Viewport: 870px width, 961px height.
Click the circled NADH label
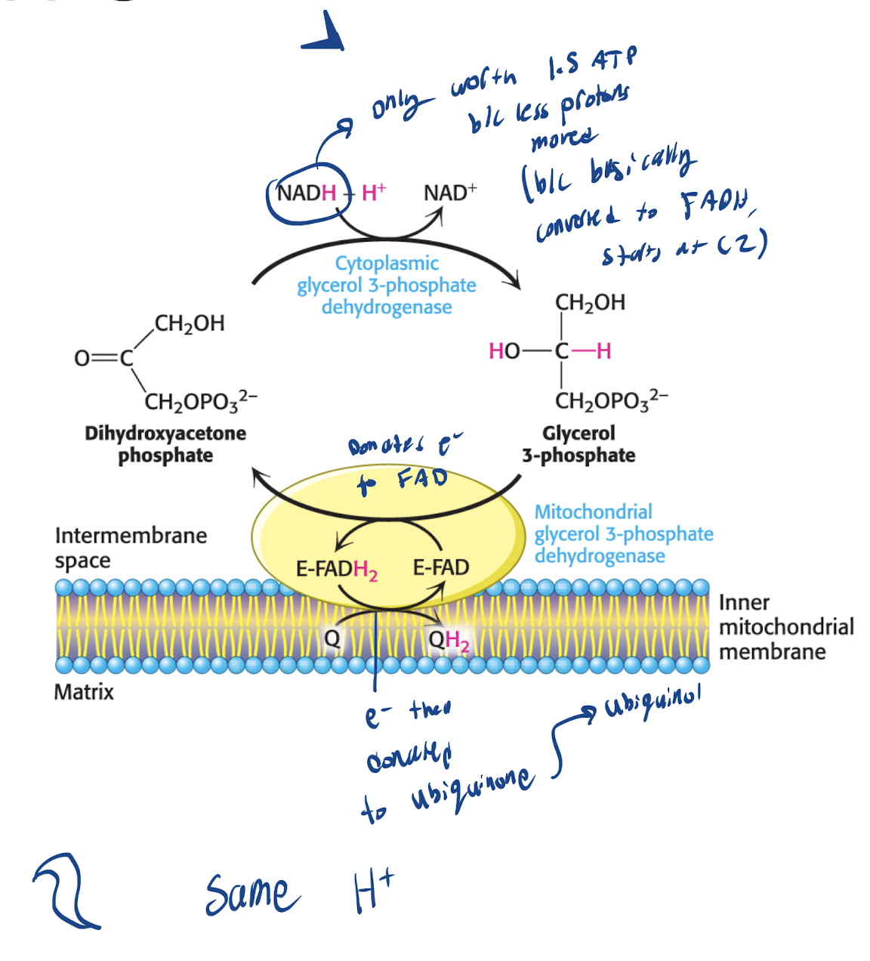(x=306, y=193)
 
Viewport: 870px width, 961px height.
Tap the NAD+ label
(x=450, y=193)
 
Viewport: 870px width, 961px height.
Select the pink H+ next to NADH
(x=374, y=193)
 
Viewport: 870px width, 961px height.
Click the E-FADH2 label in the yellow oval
(x=336, y=569)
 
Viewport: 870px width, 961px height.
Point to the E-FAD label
(x=441, y=567)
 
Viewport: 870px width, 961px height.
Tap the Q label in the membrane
(x=332, y=639)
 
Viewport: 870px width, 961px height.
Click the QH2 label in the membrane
(x=449, y=641)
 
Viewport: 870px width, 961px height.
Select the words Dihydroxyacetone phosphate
(x=165, y=444)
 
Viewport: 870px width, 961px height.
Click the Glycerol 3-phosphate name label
(x=578, y=444)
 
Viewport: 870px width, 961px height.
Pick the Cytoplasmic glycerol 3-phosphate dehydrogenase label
(x=387, y=285)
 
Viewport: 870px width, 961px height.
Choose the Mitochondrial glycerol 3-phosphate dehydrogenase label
(x=623, y=533)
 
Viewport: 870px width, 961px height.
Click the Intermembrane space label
(x=131, y=548)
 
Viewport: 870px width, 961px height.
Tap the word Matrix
(x=84, y=692)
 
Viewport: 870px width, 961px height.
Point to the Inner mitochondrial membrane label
(x=785, y=627)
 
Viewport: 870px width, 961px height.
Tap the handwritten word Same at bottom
(x=251, y=895)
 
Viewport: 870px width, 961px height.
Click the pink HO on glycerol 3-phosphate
(x=504, y=351)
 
